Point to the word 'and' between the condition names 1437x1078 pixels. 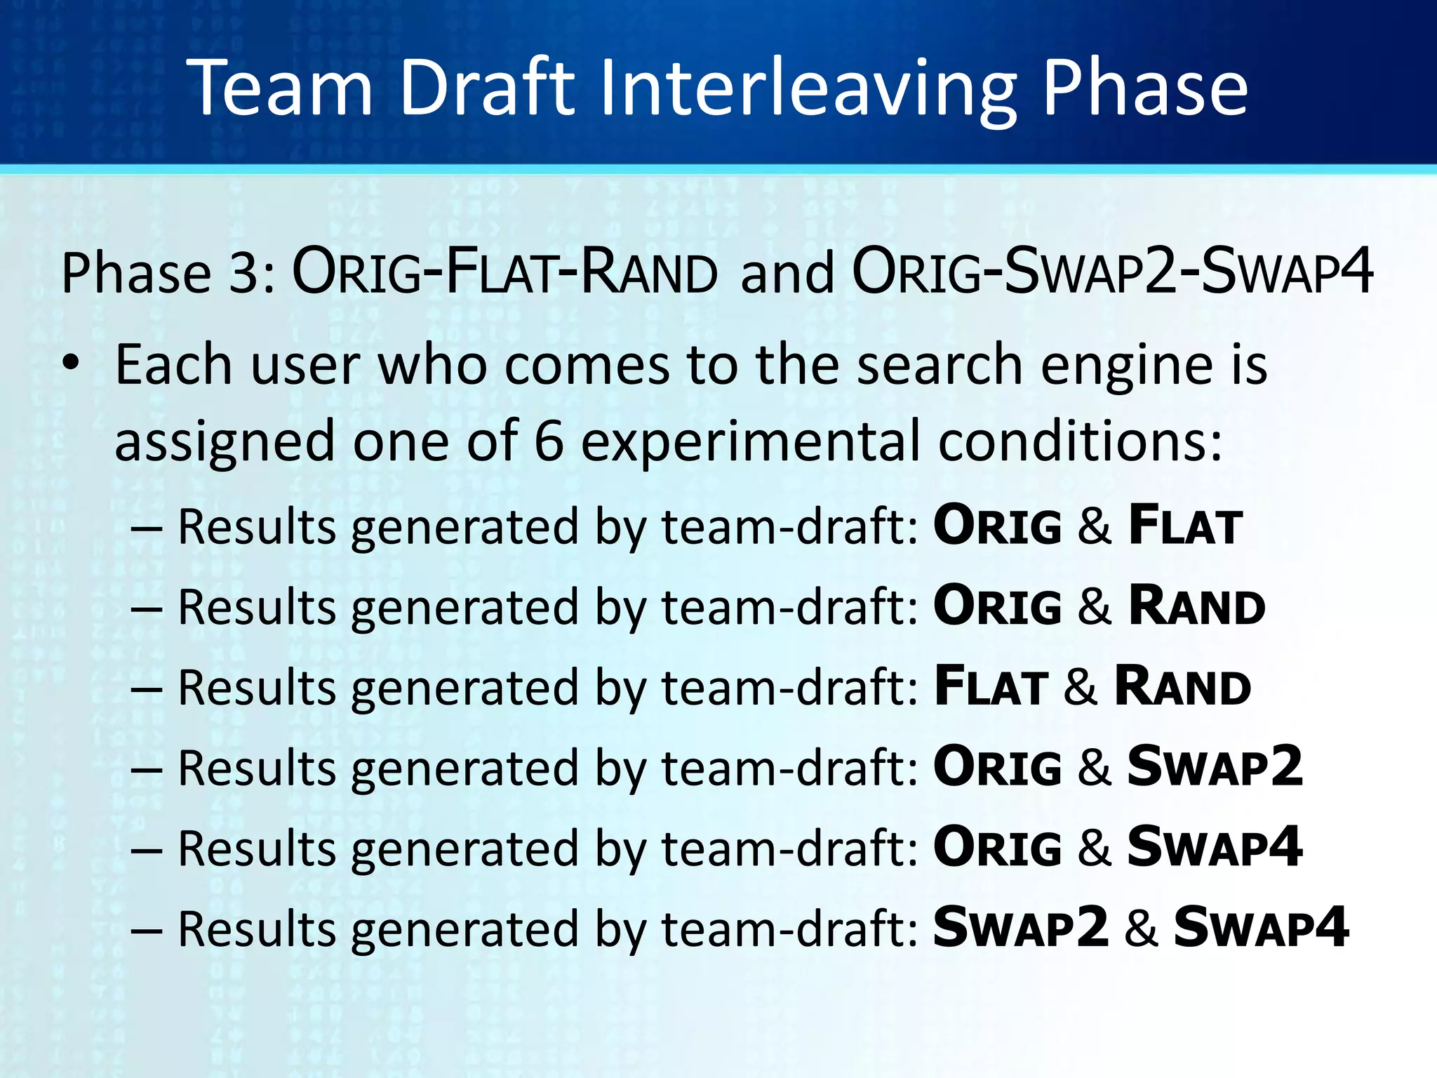click(x=787, y=273)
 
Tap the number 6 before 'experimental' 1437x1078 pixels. click(x=549, y=441)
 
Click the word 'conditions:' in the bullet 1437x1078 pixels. click(x=1081, y=441)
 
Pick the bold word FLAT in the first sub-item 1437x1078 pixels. click(x=1185, y=526)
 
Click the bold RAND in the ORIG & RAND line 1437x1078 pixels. click(x=1197, y=606)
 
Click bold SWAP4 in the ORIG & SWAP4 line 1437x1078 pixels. click(x=1215, y=847)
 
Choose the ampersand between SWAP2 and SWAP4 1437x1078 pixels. click(x=1141, y=928)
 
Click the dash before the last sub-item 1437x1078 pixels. click(x=147, y=930)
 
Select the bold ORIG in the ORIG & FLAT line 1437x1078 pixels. click(x=997, y=526)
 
